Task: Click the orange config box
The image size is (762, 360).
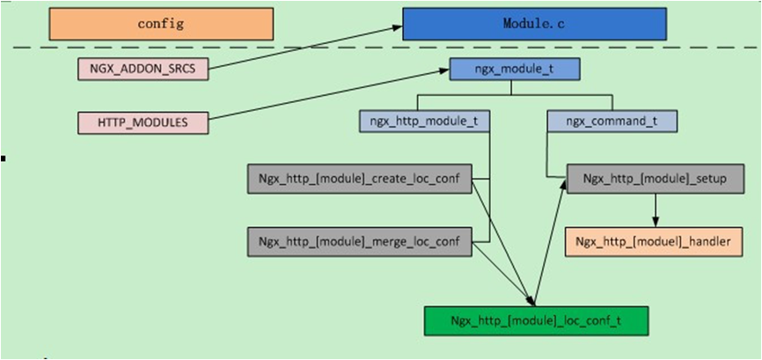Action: [x=161, y=24]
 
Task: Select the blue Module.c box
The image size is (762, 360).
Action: [x=534, y=24]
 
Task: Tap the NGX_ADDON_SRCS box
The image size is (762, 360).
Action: [x=143, y=68]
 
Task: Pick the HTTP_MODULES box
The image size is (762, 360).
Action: [x=143, y=122]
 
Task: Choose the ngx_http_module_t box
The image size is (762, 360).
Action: [x=424, y=121]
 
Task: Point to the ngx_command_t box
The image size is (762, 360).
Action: [x=612, y=121]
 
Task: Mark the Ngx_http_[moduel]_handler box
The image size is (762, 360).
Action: [x=653, y=241]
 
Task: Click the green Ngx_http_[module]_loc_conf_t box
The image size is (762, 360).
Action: [x=536, y=320]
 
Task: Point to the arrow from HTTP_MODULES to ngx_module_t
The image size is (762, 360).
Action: [x=330, y=96]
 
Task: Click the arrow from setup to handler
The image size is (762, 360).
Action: [x=655, y=209]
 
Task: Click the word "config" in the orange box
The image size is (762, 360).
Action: [x=161, y=24]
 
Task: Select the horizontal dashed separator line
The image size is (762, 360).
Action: [x=264, y=47]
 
